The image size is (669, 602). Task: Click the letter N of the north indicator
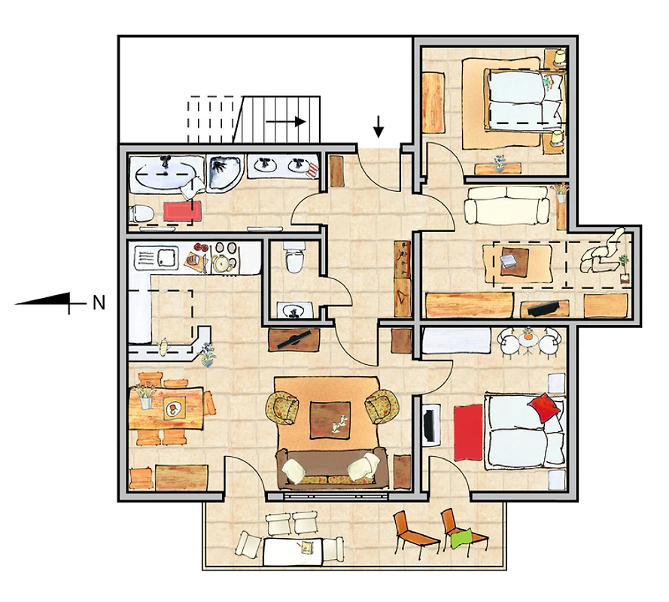pyautogui.click(x=99, y=303)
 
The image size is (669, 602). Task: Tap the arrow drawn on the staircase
pyautogui.click(x=285, y=122)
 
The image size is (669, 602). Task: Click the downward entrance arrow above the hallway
pyautogui.click(x=378, y=126)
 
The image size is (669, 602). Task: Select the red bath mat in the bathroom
pyautogui.click(x=178, y=211)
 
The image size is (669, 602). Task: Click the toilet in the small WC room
pyautogui.click(x=294, y=257)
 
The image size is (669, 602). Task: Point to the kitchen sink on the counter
pyautogui.click(x=156, y=257)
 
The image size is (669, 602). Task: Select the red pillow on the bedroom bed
pyautogui.click(x=544, y=407)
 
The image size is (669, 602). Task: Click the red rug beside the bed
pyautogui.click(x=468, y=433)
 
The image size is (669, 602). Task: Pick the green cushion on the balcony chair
pyautogui.click(x=461, y=539)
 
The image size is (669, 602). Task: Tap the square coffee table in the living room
pyautogui.click(x=330, y=419)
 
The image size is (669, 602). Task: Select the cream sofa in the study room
pyautogui.click(x=506, y=205)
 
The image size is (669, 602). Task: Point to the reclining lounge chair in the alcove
pyautogui.click(x=601, y=253)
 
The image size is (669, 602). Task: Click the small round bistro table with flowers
pyautogui.click(x=528, y=339)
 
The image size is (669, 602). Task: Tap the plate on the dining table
pyautogui.click(x=173, y=409)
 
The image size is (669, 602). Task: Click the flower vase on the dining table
pyautogui.click(x=144, y=397)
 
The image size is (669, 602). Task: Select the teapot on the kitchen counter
pyautogui.click(x=163, y=346)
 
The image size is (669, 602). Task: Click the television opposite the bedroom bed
pyautogui.click(x=431, y=425)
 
